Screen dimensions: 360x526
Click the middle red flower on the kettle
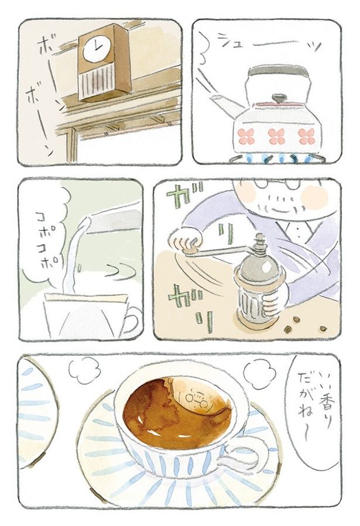(276, 136)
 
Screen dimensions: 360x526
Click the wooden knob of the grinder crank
(191, 250)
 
